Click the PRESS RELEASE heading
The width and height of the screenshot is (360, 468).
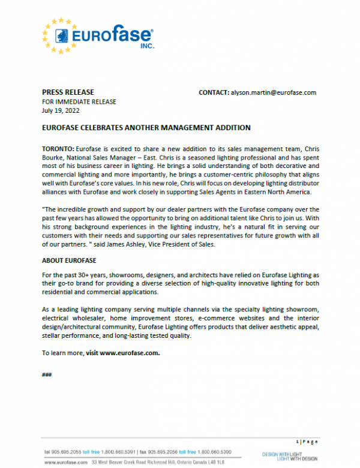(68, 92)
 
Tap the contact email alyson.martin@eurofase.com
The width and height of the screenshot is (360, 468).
(273, 92)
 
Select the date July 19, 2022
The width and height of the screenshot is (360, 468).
(59, 110)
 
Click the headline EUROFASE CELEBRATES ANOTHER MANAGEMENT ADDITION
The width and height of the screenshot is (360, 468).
(146, 128)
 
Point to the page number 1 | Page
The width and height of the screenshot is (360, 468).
(307, 441)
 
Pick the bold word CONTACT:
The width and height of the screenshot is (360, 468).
(214, 92)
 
